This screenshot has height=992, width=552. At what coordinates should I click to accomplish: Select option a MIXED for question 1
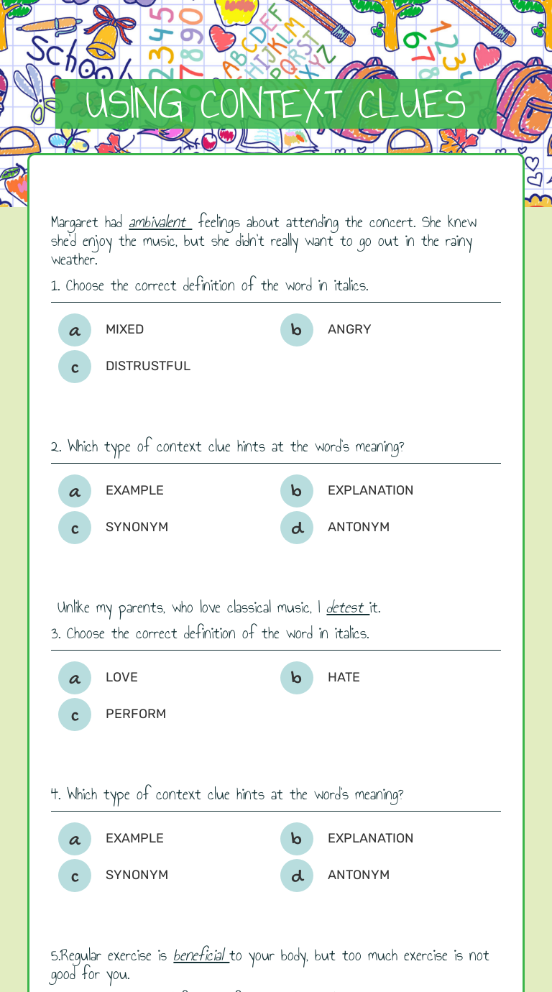tap(75, 330)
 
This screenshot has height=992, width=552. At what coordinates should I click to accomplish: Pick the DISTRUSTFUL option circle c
tap(75, 367)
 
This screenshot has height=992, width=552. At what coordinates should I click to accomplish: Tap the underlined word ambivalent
tap(158, 222)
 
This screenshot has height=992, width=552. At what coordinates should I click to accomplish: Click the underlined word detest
tap(346, 607)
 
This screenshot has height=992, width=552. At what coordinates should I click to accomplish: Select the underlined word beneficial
tap(199, 955)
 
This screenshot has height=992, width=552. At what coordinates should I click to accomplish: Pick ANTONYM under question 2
tap(358, 527)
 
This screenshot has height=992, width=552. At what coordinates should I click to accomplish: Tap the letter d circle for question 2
tap(297, 528)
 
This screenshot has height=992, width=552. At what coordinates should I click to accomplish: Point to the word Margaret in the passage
tap(75, 222)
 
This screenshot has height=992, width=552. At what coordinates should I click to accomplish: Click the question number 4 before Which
tap(55, 794)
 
